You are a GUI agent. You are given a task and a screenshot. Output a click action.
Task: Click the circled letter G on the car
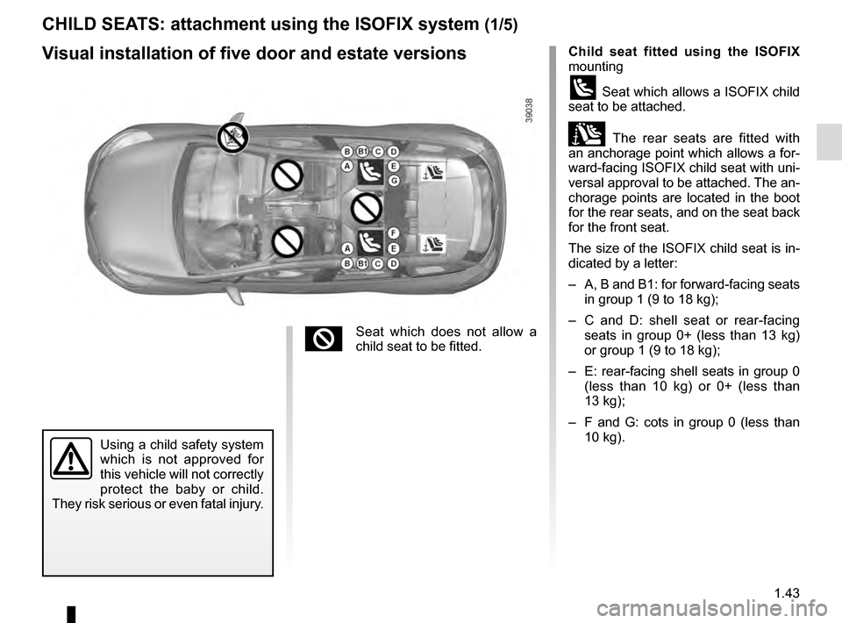[x=394, y=180]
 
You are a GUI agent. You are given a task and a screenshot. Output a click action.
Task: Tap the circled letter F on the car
[x=394, y=233]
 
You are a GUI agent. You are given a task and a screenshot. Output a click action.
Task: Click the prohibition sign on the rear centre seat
[x=365, y=209]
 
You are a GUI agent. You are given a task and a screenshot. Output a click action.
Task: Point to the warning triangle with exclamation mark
[x=71, y=460]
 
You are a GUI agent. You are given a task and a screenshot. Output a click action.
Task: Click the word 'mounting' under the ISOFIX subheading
[x=596, y=66]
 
